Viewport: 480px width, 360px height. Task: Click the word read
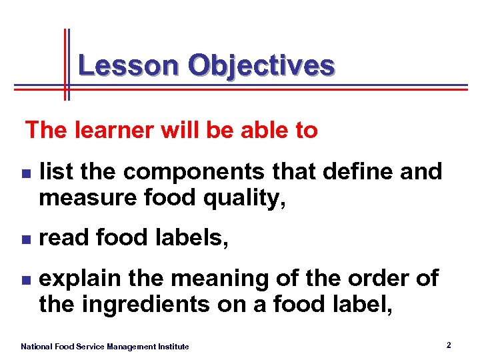click(x=64, y=237)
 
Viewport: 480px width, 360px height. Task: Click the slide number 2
click(x=449, y=345)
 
